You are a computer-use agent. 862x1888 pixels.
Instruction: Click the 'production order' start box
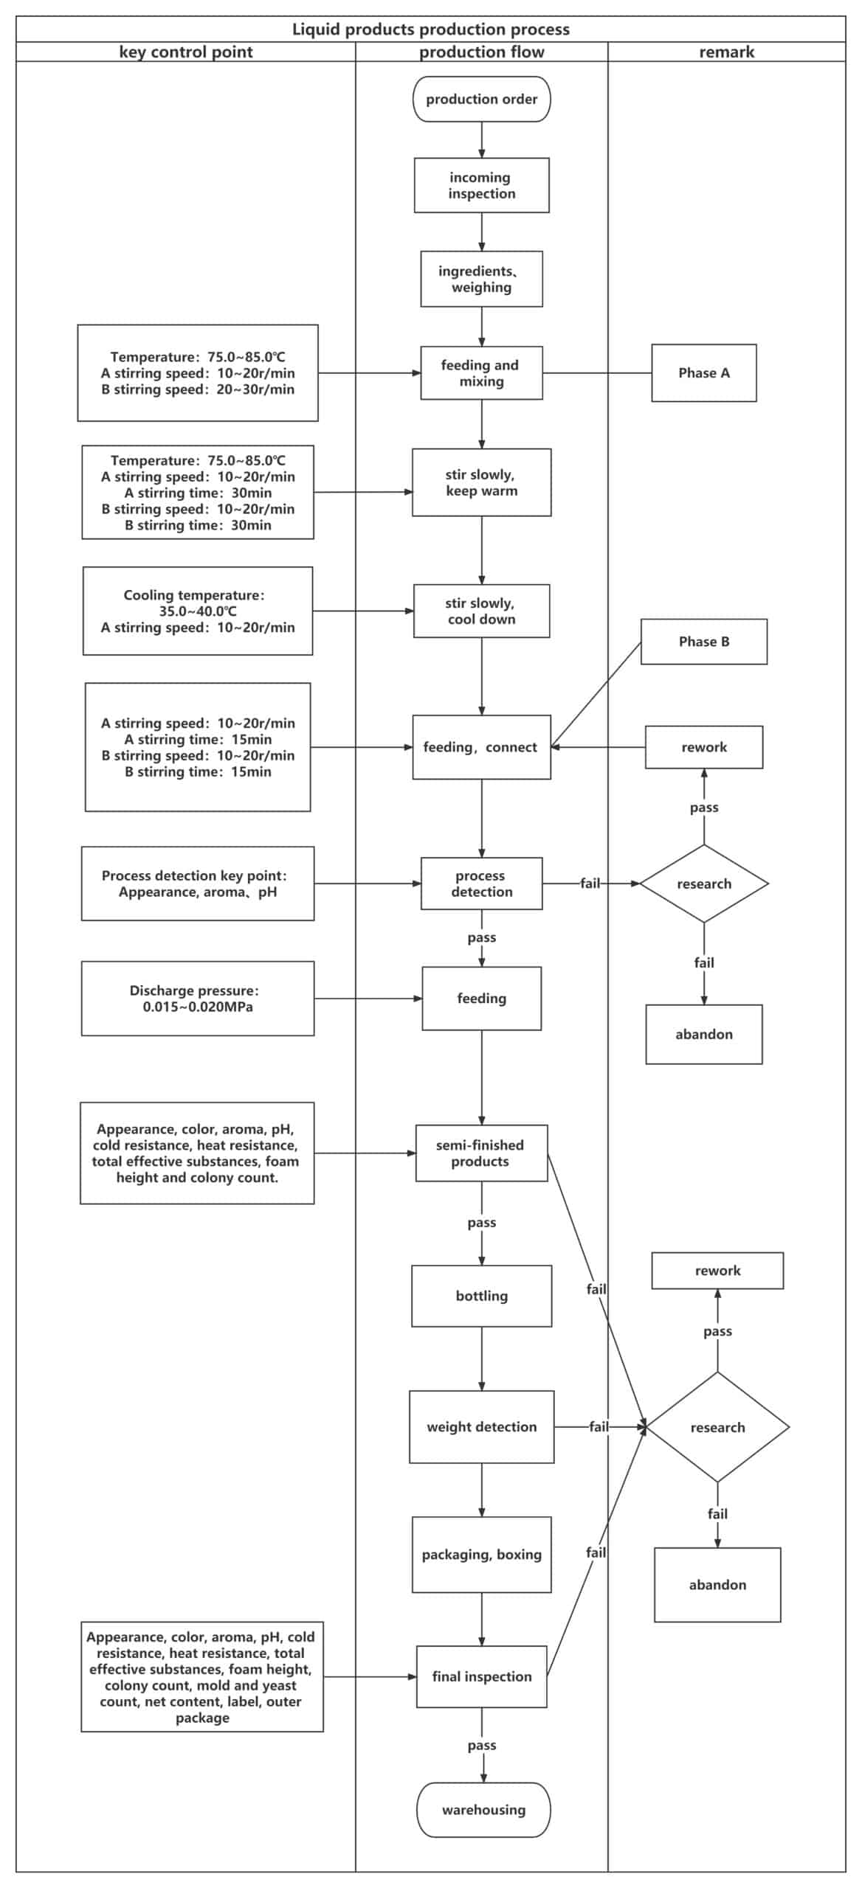[481, 99]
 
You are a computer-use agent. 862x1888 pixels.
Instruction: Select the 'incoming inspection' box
[481, 185]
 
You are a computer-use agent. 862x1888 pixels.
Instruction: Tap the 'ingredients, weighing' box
[481, 279]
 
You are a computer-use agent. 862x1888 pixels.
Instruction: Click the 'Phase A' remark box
[703, 372]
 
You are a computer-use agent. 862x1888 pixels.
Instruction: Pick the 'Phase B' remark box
[703, 641]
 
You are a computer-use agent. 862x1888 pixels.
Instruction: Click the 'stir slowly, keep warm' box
[481, 482]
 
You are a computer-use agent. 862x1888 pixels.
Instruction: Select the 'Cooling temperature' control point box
[197, 611]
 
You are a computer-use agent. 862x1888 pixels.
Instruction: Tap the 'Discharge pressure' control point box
[197, 998]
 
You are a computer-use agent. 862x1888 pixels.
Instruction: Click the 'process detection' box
[481, 883]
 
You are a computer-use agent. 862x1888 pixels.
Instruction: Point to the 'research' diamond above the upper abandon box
[703, 883]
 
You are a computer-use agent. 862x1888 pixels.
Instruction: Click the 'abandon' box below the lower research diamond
[717, 1584]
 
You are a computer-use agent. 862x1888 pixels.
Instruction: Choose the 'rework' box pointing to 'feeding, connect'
[703, 746]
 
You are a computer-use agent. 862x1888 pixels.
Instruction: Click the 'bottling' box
[481, 1296]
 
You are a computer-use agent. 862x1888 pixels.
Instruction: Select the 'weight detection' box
[481, 1426]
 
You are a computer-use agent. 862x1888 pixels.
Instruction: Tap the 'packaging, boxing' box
[481, 1554]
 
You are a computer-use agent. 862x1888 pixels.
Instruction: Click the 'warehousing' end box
[483, 1809]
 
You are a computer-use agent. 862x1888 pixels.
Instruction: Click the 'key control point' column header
[185, 52]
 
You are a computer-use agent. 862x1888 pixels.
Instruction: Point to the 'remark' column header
[726, 52]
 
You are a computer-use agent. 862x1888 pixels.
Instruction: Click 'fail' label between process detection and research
[590, 883]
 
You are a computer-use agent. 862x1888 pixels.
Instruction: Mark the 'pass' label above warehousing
[481, 1745]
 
